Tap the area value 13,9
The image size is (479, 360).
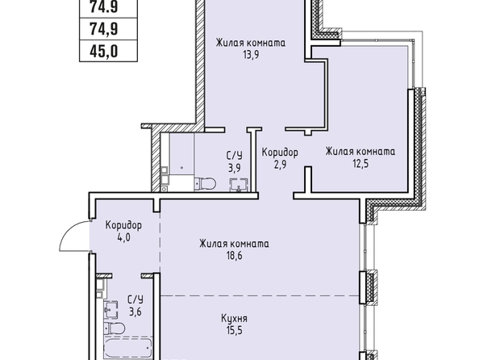[251, 55]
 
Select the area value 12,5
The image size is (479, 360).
[360, 164]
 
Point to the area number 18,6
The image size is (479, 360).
[234, 256]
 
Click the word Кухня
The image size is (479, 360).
[235, 319]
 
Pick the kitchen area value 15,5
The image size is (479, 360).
[235, 331]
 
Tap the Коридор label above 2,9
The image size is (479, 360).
[280, 153]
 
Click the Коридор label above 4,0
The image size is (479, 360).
[123, 225]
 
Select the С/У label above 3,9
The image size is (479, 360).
[235, 156]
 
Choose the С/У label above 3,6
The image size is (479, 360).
[135, 299]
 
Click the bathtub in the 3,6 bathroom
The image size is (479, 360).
[128, 349]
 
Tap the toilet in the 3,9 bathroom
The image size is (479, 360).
[205, 183]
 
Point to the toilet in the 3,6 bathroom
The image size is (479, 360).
[115, 329]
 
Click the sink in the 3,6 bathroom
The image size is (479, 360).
[111, 310]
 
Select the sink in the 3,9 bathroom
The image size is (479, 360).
[239, 185]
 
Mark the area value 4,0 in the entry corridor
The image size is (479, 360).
[123, 237]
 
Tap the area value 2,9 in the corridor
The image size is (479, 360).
[280, 165]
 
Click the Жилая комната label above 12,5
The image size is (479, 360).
[360, 152]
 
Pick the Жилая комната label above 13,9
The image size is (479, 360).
[251, 43]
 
